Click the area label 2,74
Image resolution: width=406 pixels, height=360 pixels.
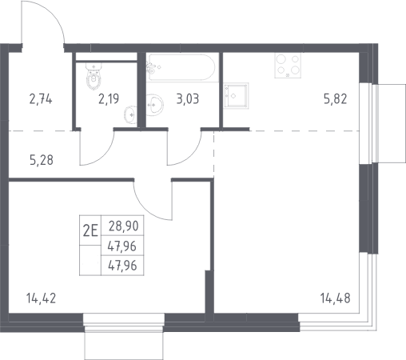[41, 99]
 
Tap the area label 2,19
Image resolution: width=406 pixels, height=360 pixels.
[109, 99]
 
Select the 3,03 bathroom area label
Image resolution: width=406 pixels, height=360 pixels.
[188, 99]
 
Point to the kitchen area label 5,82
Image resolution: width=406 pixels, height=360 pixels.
[336, 99]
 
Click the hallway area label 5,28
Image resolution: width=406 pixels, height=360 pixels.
[42, 160]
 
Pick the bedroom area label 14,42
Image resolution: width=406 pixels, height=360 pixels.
[41, 298]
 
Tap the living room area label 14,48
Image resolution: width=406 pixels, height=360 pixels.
[336, 298]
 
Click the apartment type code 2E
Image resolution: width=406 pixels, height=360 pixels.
[90, 230]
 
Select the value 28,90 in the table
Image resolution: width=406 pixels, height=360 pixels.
[124, 226]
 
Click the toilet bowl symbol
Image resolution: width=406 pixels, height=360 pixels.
[94, 77]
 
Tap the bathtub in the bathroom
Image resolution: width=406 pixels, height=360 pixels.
[181, 67]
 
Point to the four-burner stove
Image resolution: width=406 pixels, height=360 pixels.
[288, 66]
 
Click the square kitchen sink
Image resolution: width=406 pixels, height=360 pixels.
[236, 96]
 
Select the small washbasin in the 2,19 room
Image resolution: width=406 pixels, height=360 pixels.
[130, 115]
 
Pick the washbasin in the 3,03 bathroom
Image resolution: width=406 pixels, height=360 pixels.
[155, 105]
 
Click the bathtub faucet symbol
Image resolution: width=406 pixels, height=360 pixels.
[151, 67]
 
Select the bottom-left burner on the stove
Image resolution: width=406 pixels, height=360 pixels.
[281, 70]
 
